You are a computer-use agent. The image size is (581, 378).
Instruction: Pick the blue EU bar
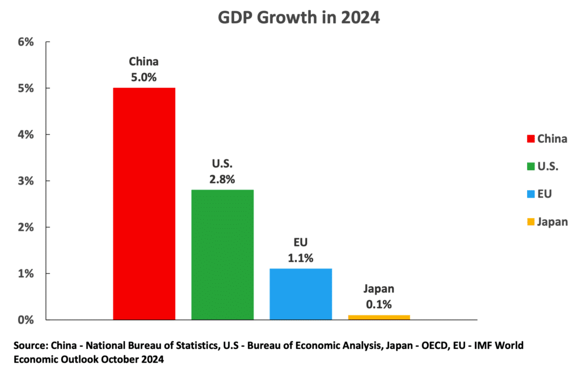pyautogui.click(x=301, y=293)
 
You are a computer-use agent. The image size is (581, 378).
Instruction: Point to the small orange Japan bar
pyautogui.click(x=379, y=317)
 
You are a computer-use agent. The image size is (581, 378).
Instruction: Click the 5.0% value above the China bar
pyautogui.click(x=144, y=76)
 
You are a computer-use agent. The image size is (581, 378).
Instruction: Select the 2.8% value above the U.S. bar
pyautogui.click(x=222, y=179)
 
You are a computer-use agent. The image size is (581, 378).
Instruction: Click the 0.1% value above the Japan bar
pyautogui.click(x=378, y=304)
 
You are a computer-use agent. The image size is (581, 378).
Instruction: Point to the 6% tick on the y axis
pyautogui.click(x=27, y=42)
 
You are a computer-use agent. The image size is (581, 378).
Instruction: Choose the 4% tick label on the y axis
pyautogui.click(x=27, y=135)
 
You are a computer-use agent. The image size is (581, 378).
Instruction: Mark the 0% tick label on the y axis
pyautogui.click(x=27, y=320)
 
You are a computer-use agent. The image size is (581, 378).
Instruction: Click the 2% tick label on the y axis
pyautogui.click(x=27, y=227)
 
